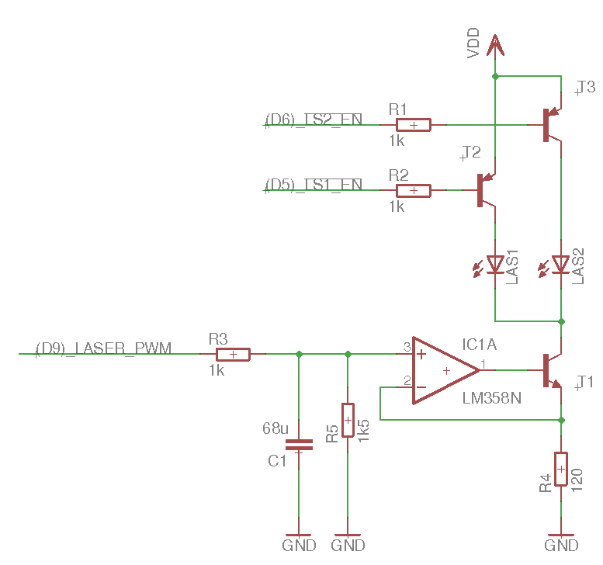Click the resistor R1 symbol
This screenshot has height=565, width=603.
414,125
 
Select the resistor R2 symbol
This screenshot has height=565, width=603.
414,190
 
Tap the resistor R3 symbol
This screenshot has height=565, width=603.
233,355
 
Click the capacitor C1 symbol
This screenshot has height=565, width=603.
299,445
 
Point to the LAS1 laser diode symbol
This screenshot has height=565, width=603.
495,265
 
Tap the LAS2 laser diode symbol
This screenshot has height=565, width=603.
560,265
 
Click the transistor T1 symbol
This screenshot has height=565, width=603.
552,370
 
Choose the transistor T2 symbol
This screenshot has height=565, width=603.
487,190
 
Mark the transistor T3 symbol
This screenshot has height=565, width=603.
552,125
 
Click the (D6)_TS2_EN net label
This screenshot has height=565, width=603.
314,119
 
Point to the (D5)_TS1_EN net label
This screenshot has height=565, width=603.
314,184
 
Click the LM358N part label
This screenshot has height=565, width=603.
490,398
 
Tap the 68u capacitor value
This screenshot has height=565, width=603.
276,428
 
